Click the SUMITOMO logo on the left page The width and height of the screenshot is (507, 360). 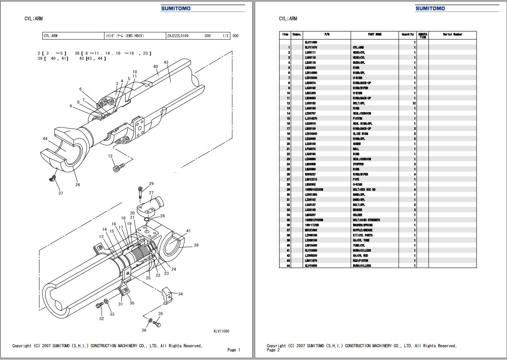coord(176,8)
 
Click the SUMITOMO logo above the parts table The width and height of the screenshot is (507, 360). coord(430,8)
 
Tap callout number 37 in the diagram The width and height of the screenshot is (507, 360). coord(61,193)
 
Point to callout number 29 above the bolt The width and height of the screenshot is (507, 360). coord(151,184)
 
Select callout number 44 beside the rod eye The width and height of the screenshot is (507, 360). coord(45,139)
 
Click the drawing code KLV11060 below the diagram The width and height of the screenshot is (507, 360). coord(221,331)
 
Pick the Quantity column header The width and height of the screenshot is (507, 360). coord(407,35)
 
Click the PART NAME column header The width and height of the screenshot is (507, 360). coord(375,35)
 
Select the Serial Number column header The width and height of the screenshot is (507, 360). coord(453,35)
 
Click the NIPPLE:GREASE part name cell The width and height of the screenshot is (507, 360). coord(363,230)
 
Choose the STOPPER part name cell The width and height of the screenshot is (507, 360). coord(358,164)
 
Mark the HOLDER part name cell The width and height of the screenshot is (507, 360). coord(357,215)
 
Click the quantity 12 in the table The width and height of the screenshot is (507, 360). coord(414,103)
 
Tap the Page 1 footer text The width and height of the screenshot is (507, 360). coord(233,350)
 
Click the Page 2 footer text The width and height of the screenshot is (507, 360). coord(273,350)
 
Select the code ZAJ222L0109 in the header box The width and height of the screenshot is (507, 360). coord(178,36)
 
